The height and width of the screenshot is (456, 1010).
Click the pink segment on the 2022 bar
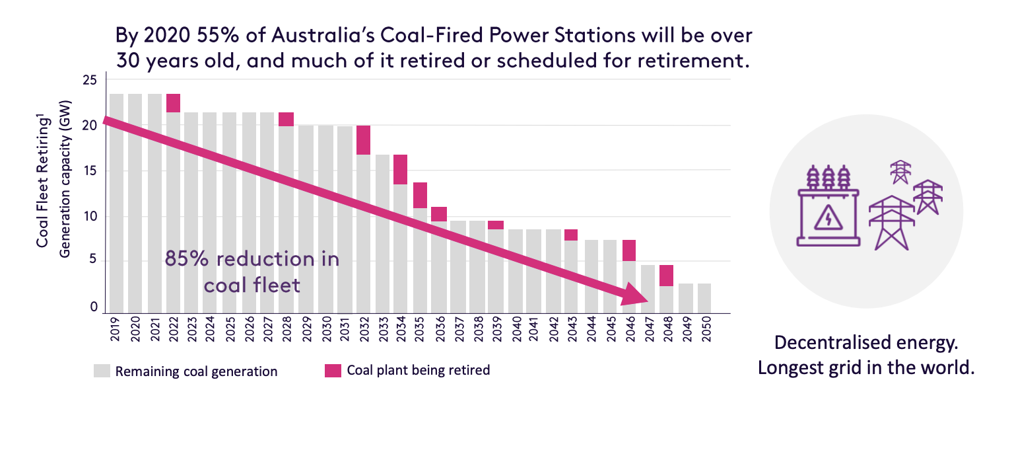coord(173,103)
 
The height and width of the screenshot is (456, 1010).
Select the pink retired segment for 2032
coord(363,140)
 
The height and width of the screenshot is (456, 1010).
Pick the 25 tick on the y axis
coord(90,81)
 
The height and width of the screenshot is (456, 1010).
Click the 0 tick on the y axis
coord(94,307)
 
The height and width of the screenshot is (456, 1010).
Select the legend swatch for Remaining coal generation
coord(102,371)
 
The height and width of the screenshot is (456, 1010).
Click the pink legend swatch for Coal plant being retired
coord(332,371)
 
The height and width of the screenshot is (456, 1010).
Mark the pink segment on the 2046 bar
coord(629,250)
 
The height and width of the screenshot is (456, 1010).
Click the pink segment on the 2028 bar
coord(286,119)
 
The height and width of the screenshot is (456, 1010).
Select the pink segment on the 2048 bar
coord(666,276)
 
